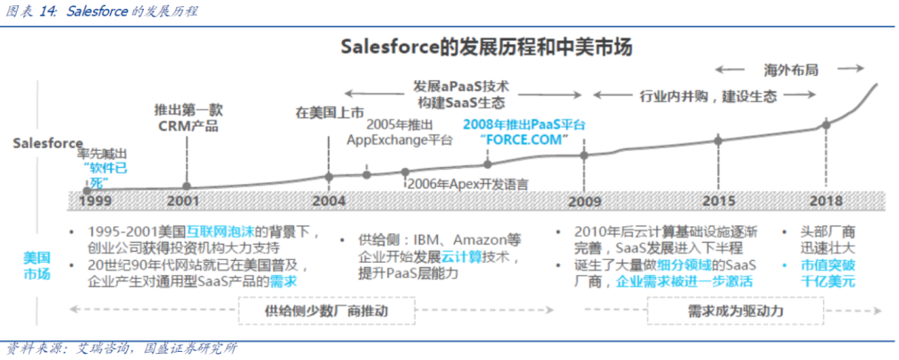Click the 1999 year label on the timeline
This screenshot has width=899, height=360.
pos(96,201)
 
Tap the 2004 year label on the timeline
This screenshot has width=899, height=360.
pos(330,201)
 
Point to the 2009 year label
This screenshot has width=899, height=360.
pos(584,202)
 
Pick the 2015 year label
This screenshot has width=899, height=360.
pos(719,201)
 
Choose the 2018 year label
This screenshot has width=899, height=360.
pos(827,201)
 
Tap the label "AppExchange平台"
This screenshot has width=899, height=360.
pos(399,140)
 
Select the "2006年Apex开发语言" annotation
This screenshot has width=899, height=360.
pos(467,183)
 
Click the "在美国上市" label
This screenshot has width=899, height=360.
pos(330,112)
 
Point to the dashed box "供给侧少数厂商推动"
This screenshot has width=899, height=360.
pos(326,311)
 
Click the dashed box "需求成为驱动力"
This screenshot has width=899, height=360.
pos(735,311)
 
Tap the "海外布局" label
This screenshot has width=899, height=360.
pos(791,70)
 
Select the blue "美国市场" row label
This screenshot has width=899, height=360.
pos(37,265)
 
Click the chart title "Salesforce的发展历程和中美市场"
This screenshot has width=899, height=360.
pos(487,47)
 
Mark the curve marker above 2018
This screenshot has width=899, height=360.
pos(827,124)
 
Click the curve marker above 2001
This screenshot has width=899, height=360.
pos(187,186)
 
